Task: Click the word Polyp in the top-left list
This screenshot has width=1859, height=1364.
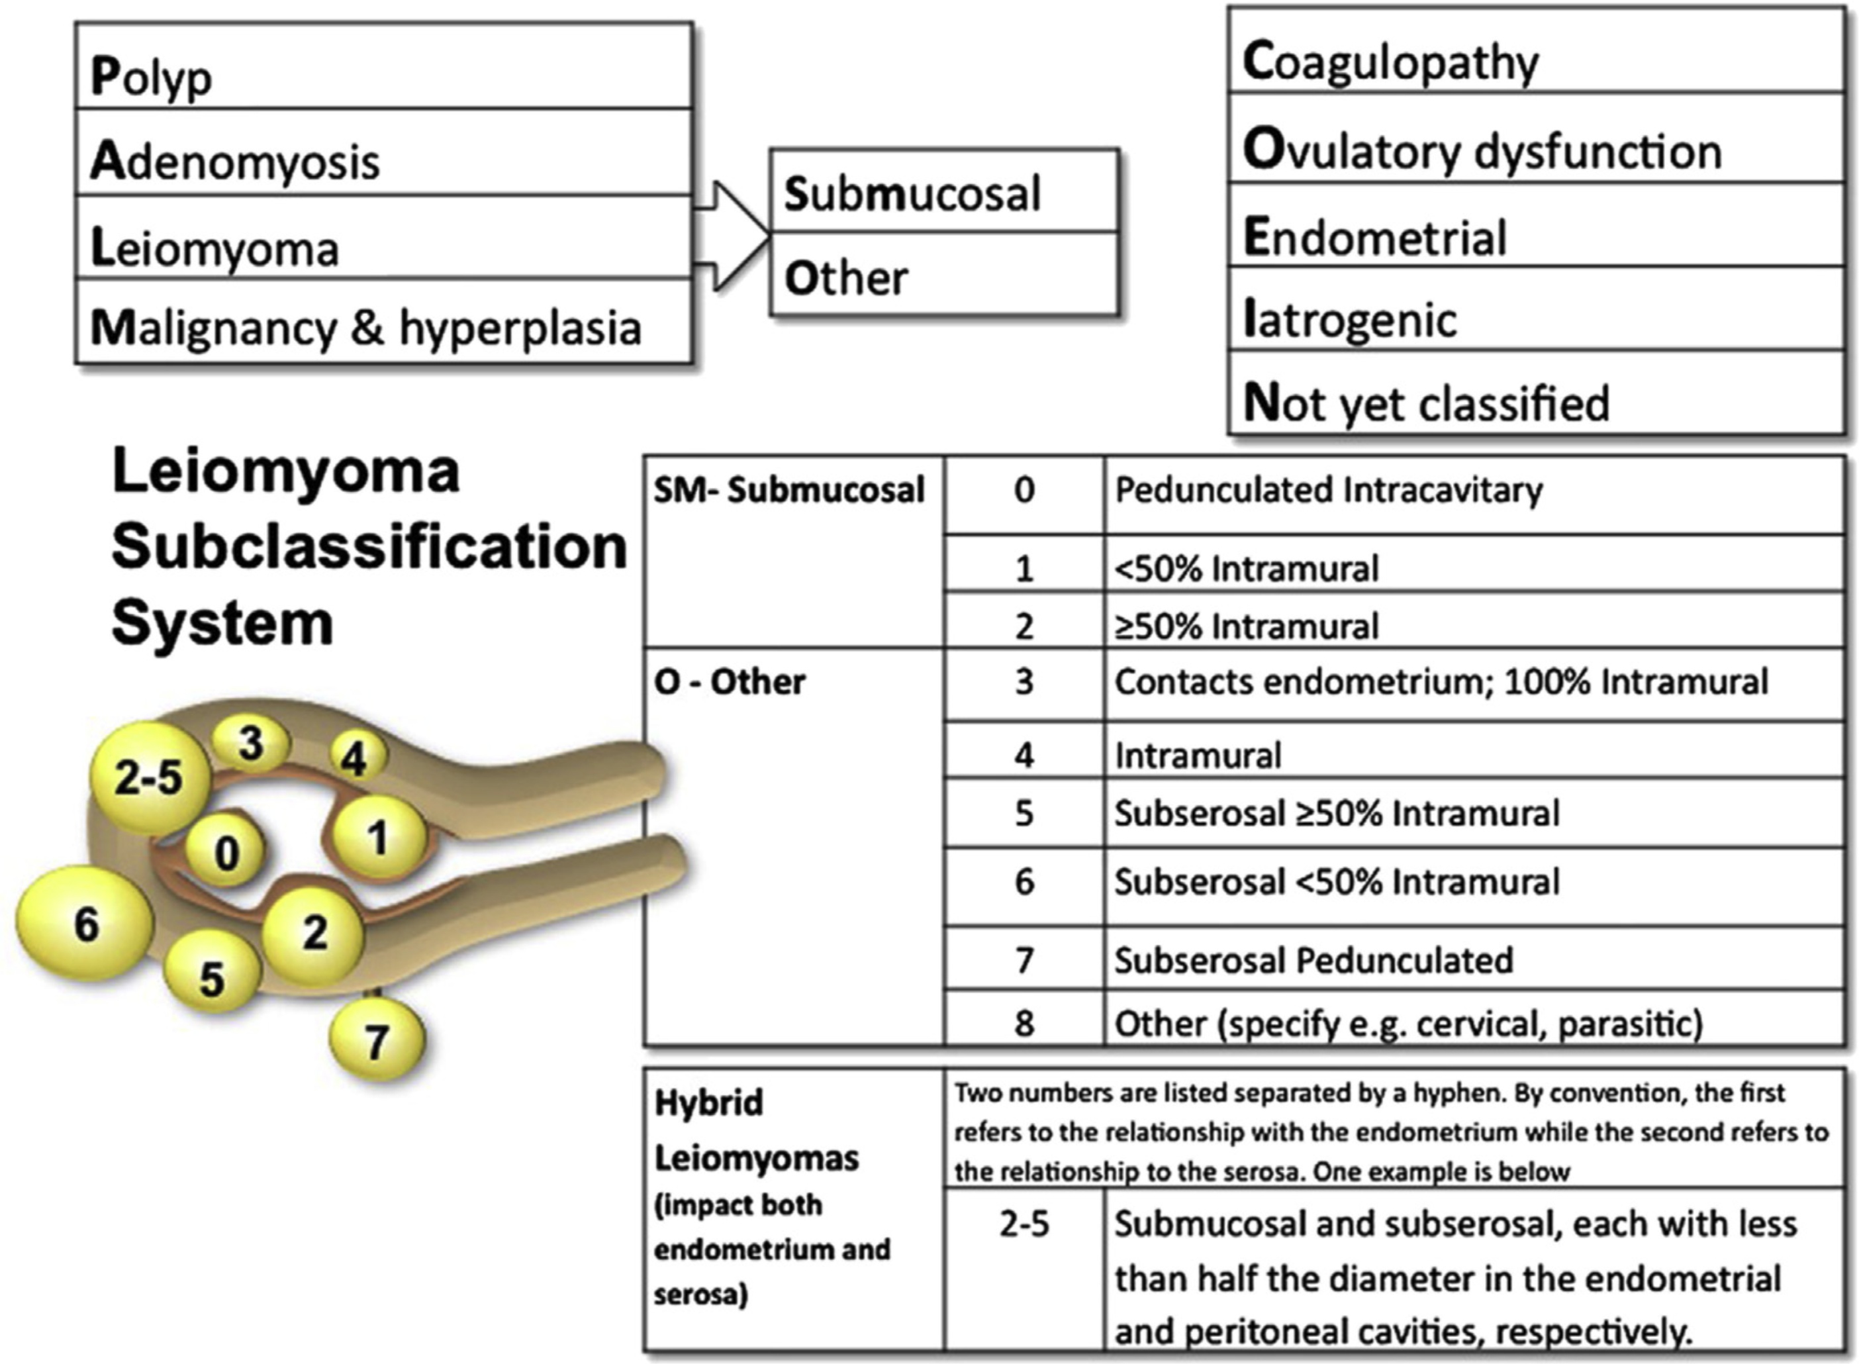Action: (151, 77)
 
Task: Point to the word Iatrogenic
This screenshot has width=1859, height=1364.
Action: (1350, 320)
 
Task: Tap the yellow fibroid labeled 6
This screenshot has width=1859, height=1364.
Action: (85, 923)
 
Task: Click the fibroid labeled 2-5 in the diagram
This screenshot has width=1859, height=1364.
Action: (150, 777)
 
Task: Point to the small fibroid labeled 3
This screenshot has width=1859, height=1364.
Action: (251, 743)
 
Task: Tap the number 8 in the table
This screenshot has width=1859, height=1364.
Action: (1024, 1022)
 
